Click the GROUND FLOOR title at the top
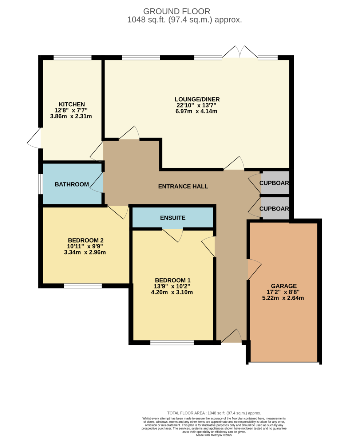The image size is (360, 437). click(x=177, y=11)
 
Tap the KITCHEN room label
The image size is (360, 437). click(x=72, y=104)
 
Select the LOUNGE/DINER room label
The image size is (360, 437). click(x=197, y=99)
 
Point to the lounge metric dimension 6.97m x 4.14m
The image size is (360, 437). click(x=196, y=111)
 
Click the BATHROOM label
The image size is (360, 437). click(x=72, y=184)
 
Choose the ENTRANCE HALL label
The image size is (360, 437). click(x=183, y=186)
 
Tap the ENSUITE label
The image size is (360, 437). click(x=173, y=218)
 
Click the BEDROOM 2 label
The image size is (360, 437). click(x=86, y=240)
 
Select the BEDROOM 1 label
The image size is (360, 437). click(x=173, y=280)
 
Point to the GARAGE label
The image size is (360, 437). click(x=284, y=286)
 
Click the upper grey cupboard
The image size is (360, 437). click(x=275, y=183)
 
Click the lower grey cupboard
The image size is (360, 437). click(x=275, y=208)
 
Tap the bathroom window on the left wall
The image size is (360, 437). click(x=40, y=184)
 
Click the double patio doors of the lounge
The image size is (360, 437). click(x=240, y=52)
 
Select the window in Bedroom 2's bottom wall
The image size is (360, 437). click(x=83, y=286)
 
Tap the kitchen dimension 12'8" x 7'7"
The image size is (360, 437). click(x=71, y=110)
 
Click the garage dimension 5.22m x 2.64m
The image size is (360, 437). click(x=283, y=298)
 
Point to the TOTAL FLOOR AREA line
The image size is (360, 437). click(x=214, y=413)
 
